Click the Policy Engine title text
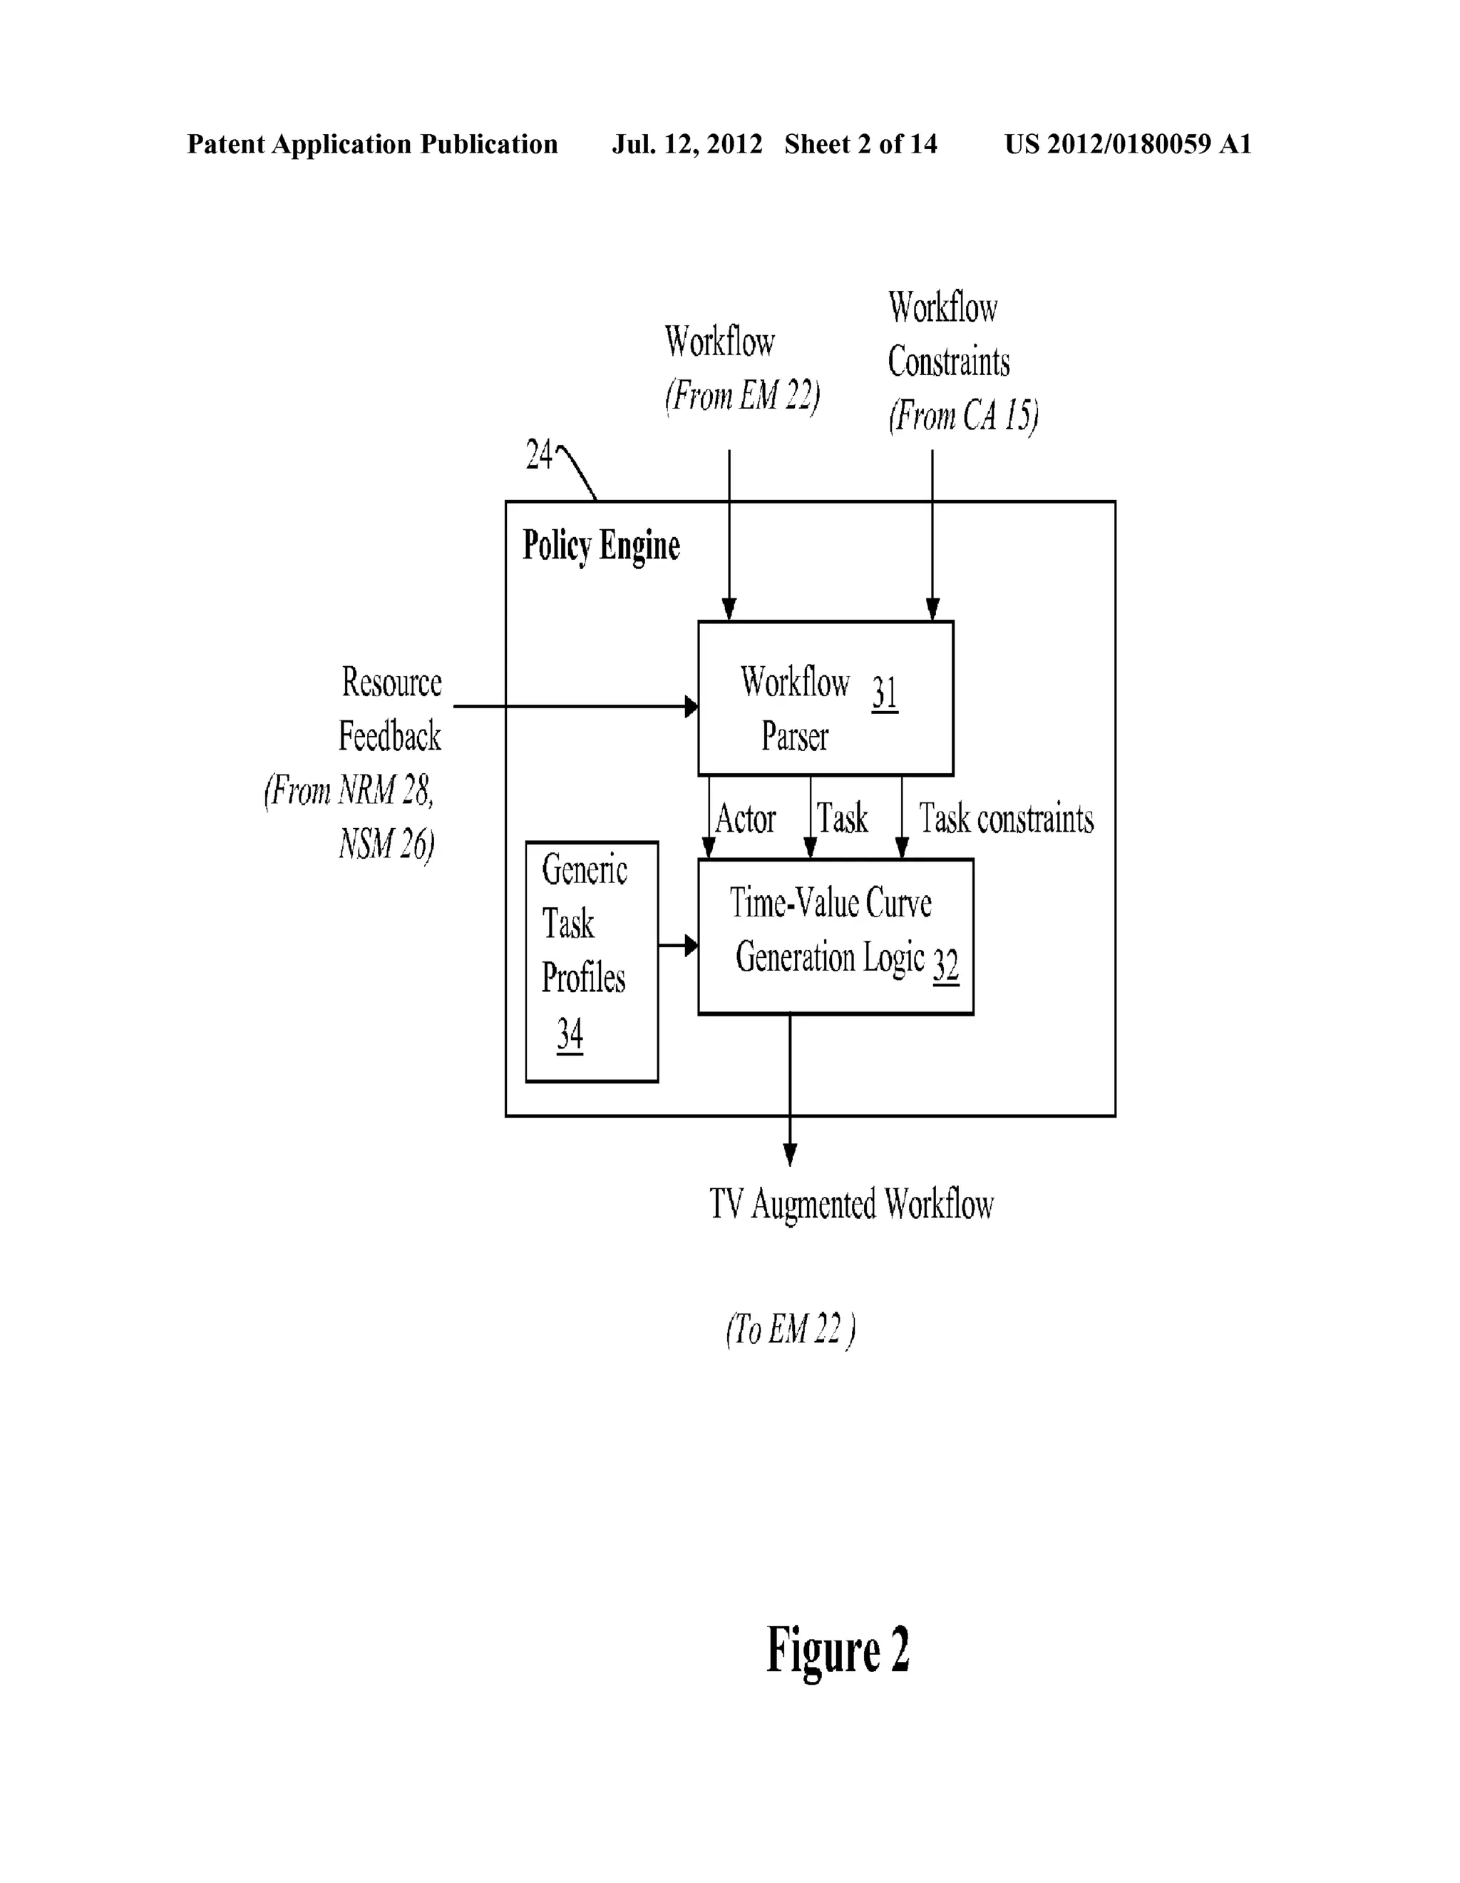click(x=601, y=546)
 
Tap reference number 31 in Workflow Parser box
click(x=884, y=693)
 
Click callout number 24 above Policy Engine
click(x=539, y=455)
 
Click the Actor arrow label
click(x=746, y=819)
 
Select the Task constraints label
click(x=1006, y=819)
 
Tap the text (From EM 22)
click(x=742, y=396)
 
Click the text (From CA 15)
click(x=962, y=416)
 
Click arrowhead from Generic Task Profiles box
click(x=692, y=946)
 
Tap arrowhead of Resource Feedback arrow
click(x=692, y=707)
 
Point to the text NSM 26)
click(x=386, y=844)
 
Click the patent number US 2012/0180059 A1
click(x=1127, y=144)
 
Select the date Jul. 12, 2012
click(x=687, y=144)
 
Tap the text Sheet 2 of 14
click(x=860, y=144)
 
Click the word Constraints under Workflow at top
click(x=948, y=362)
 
